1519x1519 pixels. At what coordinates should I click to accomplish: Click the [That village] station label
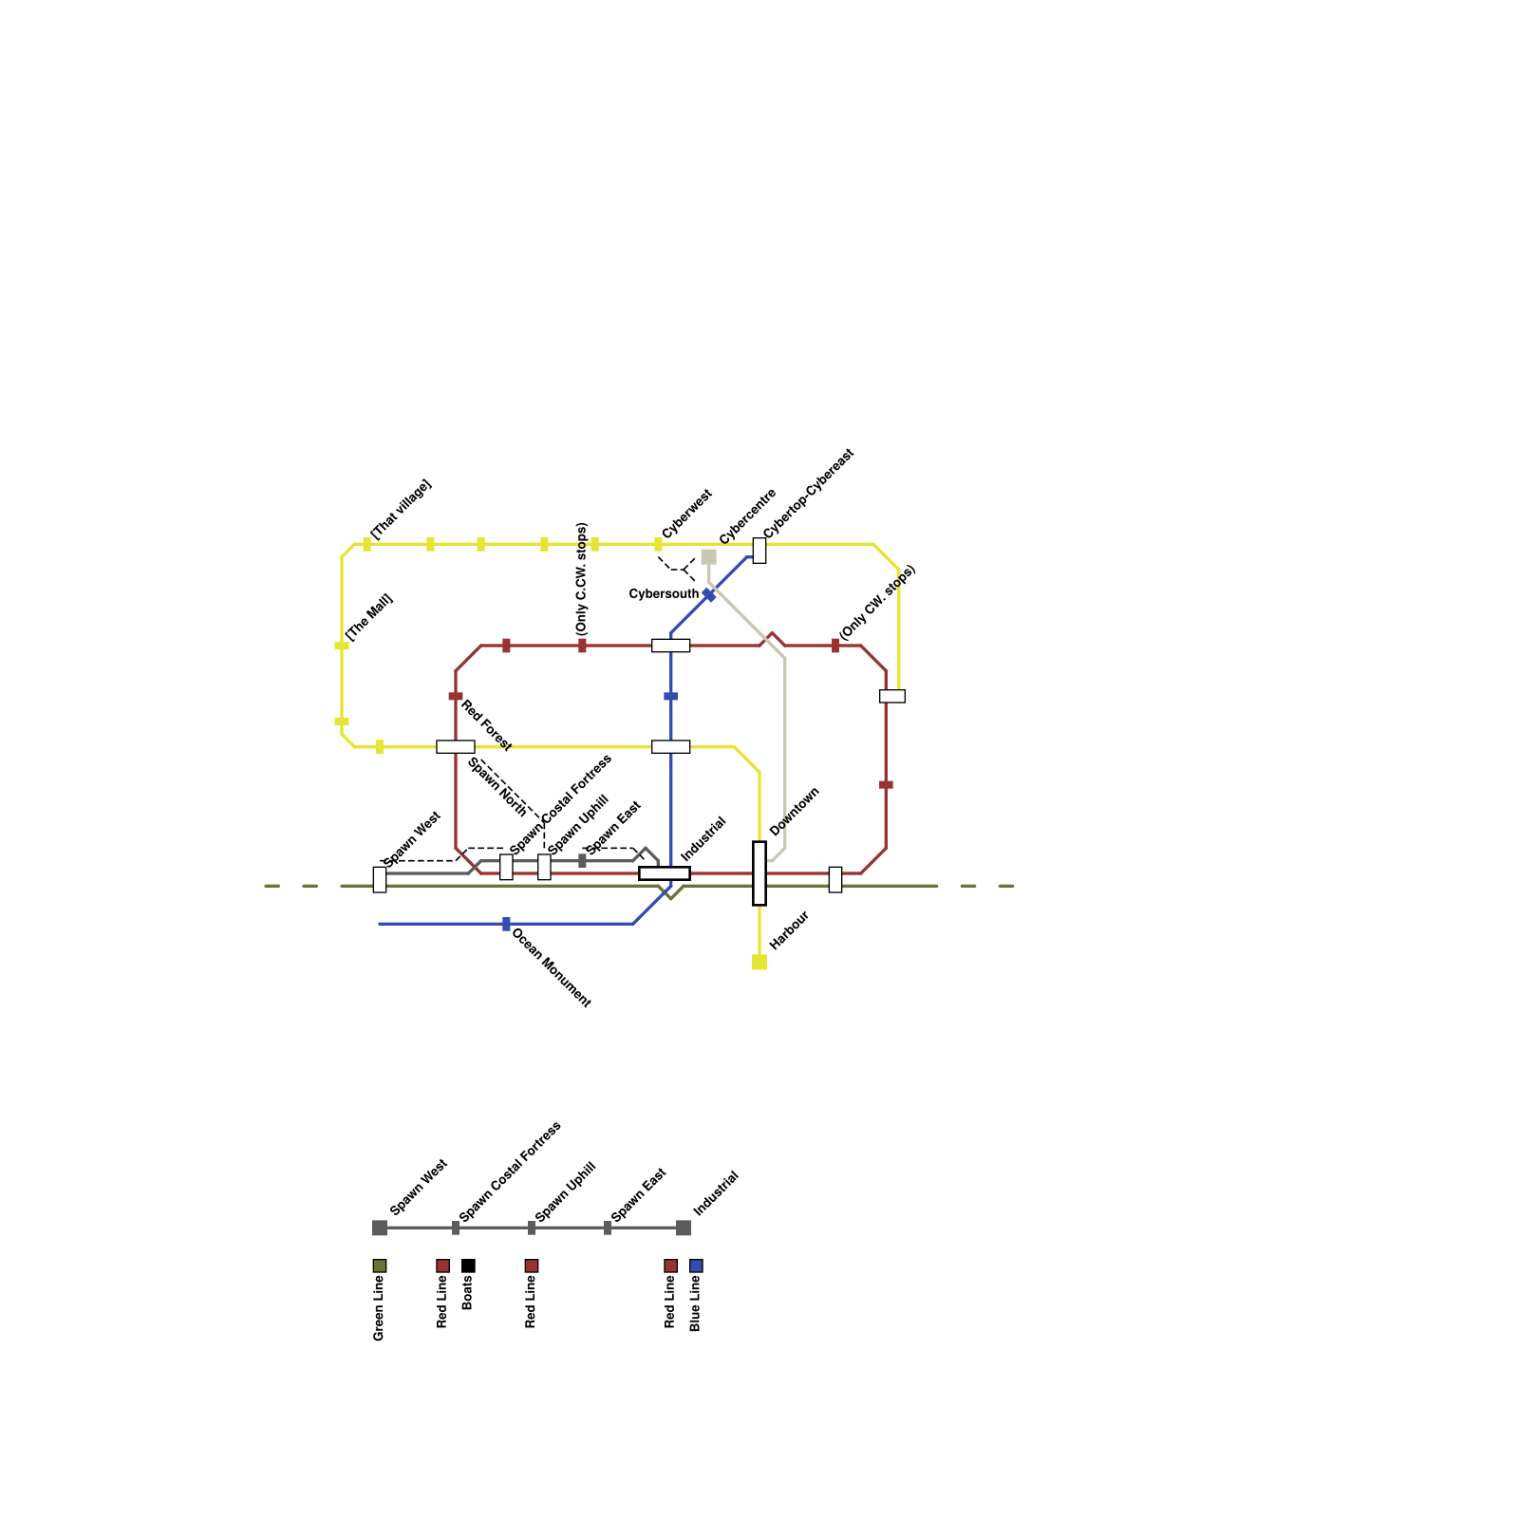click(401, 510)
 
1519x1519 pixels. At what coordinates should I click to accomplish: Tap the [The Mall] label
click(369, 617)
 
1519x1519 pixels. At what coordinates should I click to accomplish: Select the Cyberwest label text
click(686, 514)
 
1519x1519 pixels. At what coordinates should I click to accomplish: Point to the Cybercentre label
click(748, 516)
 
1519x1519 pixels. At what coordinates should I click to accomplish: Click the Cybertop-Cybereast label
click(809, 493)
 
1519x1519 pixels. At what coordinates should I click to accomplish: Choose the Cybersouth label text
click(664, 594)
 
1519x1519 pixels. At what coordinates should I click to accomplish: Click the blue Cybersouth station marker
click(708, 595)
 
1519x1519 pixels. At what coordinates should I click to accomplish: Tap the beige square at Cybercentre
click(708, 557)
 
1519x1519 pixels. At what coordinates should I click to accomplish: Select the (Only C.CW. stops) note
click(582, 578)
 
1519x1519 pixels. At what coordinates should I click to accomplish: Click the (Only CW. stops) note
click(878, 602)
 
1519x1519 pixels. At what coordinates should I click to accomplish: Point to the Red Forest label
click(486, 725)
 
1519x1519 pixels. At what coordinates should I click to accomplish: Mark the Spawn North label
click(497, 787)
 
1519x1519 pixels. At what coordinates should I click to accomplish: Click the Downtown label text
click(794, 812)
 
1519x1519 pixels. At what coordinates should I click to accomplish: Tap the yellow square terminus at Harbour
click(759, 963)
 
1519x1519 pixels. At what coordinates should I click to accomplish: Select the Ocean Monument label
click(552, 967)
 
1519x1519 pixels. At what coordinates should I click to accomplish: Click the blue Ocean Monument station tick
click(506, 924)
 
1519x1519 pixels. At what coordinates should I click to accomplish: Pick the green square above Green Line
click(380, 1266)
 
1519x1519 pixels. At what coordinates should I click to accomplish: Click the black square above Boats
click(468, 1266)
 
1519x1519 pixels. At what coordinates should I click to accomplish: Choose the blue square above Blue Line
click(696, 1266)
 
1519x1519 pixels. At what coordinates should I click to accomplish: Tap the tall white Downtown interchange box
click(759, 873)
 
